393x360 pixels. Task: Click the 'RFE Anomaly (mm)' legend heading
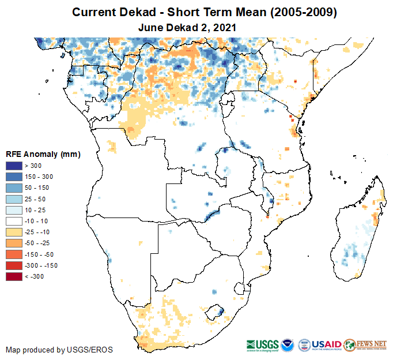(43, 154)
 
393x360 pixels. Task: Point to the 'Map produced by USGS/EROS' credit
(59, 350)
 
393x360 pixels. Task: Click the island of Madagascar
(357, 231)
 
